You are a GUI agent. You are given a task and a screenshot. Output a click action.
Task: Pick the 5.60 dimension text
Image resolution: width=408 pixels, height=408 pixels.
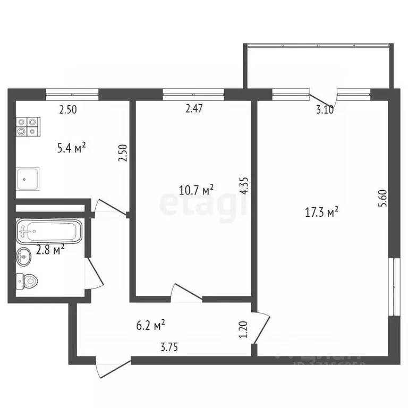[x=380, y=204]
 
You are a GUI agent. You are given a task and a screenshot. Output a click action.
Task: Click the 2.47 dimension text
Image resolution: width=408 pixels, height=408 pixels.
[x=194, y=110]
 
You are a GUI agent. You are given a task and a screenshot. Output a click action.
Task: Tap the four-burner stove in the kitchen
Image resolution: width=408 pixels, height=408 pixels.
[x=28, y=125]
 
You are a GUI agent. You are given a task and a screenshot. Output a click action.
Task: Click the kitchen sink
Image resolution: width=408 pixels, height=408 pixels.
[x=27, y=179]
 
